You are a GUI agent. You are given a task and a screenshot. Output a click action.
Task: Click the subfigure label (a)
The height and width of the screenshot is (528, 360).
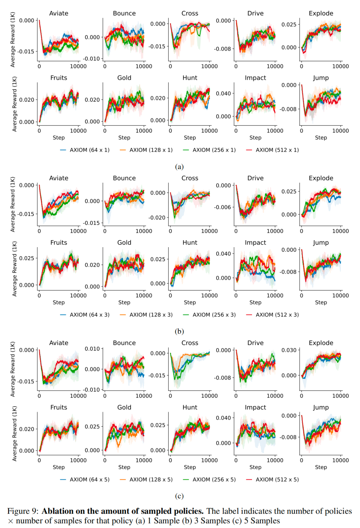pyautogui.click(x=179, y=167)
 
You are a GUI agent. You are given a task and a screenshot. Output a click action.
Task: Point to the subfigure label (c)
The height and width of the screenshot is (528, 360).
pyautogui.click(x=179, y=496)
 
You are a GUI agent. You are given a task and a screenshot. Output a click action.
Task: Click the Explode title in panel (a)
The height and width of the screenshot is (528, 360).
pyautogui.click(x=321, y=13)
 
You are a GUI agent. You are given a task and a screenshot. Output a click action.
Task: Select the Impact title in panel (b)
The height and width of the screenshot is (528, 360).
pyautogui.click(x=255, y=243)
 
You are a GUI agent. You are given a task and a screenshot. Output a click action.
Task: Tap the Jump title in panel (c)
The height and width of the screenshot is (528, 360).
pyautogui.click(x=321, y=408)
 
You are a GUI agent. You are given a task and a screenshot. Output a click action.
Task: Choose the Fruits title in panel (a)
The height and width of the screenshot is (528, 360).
pyautogui.click(x=59, y=78)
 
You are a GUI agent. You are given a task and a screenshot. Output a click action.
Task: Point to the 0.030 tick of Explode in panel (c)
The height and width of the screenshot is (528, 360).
pyautogui.click(x=289, y=350)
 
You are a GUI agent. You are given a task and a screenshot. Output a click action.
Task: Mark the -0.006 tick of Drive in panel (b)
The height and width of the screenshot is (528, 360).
pyautogui.click(x=222, y=207)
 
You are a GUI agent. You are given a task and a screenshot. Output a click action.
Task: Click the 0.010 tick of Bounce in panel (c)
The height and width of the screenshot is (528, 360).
pyautogui.click(x=92, y=349)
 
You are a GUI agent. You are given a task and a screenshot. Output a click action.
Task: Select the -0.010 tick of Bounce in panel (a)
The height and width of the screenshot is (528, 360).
pyautogui.click(x=91, y=59)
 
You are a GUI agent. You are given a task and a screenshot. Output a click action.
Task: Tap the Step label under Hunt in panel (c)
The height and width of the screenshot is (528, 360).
pyautogui.click(x=190, y=467)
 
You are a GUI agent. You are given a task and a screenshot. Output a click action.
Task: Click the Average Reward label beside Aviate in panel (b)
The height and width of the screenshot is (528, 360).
pyautogui.click(x=13, y=204)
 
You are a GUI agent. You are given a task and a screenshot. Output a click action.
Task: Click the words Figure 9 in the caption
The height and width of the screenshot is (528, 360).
pyautogui.click(x=23, y=511)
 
